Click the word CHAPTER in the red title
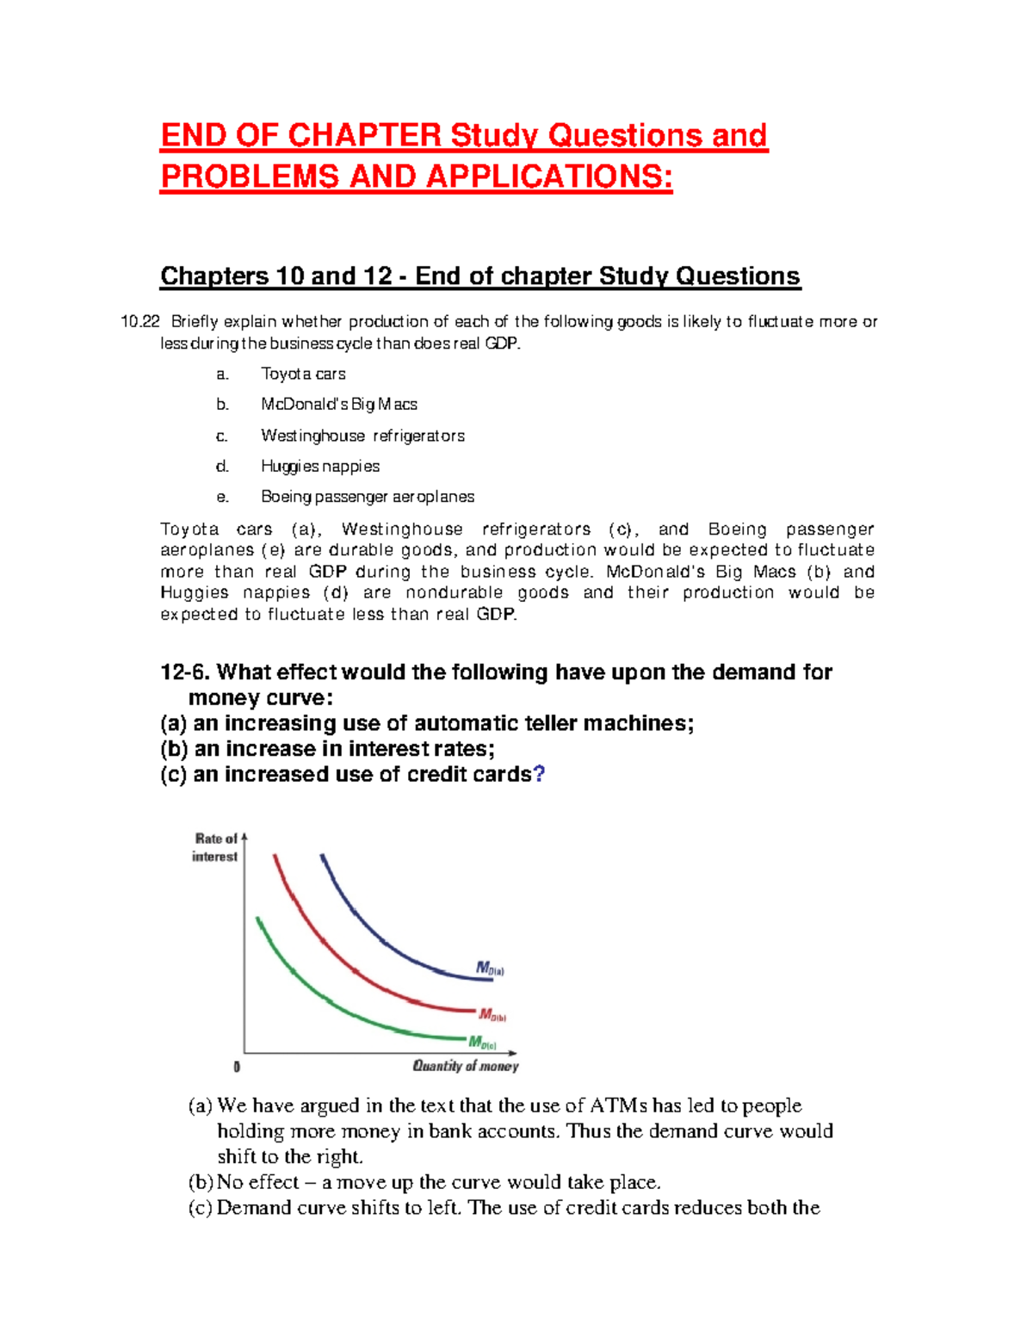pyautogui.click(x=364, y=136)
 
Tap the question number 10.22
pyautogui.click(x=140, y=322)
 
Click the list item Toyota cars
pyautogui.click(x=303, y=374)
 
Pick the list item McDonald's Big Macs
pyautogui.click(x=339, y=405)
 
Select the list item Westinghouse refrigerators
pyautogui.click(x=362, y=436)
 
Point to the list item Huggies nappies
pyautogui.click(x=320, y=467)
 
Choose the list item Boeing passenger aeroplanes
pyautogui.click(x=368, y=497)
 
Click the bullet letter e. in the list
pyautogui.click(x=223, y=497)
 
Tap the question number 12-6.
pyautogui.click(x=184, y=672)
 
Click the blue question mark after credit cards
pyautogui.click(x=539, y=774)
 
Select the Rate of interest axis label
pyautogui.click(x=215, y=847)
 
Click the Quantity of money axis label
pyautogui.click(x=466, y=1066)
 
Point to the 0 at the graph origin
pyautogui.click(x=237, y=1067)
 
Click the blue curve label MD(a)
pyautogui.click(x=490, y=969)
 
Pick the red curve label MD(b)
pyautogui.click(x=492, y=1015)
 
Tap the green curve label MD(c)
pyautogui.click(x=482, y=1043)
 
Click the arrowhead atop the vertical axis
pyautogui.click(x=244, y=836)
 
